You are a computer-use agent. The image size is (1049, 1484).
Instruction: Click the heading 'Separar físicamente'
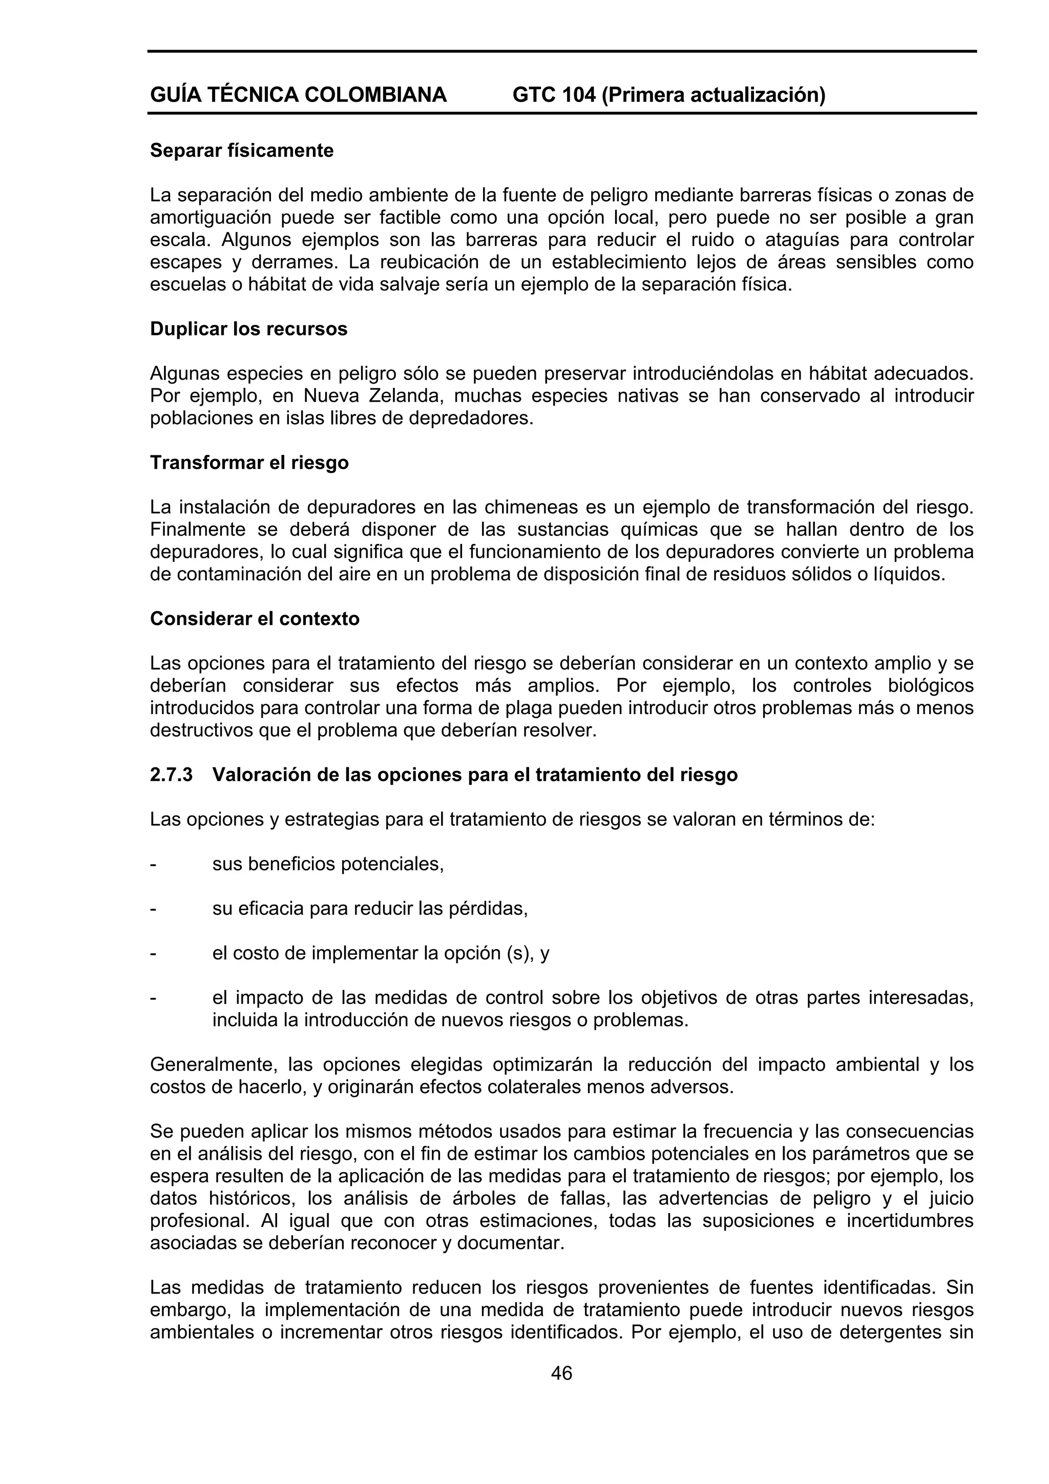click(x=242, y=151)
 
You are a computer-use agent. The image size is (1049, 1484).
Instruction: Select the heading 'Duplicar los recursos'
click(x=248, y=329)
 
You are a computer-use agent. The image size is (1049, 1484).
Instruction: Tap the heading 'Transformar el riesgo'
click(x=249, y=463)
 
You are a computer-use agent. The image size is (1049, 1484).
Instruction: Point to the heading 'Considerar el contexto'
click(x=255, y=619)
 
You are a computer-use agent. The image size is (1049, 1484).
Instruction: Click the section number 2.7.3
click(x=171, y=775)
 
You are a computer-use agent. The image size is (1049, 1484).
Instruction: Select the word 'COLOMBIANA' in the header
click(x=375, y=95)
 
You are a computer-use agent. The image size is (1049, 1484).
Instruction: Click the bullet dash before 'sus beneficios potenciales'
click(x=153, y=864)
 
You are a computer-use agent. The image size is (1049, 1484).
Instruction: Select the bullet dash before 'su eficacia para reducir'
click(x=153, y=909)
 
